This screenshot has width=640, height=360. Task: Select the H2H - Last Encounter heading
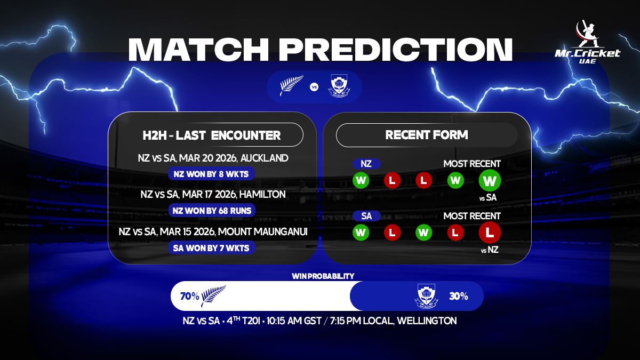coord(212,135)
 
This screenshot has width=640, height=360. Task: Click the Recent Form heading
coord(427,135)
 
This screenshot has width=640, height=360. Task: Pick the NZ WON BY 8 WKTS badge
coord(212,174)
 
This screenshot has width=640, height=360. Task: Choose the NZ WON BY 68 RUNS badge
coord(212,211)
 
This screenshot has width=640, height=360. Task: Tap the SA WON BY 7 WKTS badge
coord(212,248)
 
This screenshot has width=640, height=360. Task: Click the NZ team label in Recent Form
coord(366,164)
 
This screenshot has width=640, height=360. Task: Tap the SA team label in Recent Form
coord(366,216)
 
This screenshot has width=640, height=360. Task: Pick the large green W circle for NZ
coord(489,180)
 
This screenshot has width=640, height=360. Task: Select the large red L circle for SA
coord(489,233)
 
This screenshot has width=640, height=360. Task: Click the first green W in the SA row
coord(361,233)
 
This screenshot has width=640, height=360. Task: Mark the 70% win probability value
coord(189,296)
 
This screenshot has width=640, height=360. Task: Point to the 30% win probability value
coord(458,296)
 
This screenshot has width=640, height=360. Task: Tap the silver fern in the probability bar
coord(213,296)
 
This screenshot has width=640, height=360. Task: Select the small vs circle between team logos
coord(314,86)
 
